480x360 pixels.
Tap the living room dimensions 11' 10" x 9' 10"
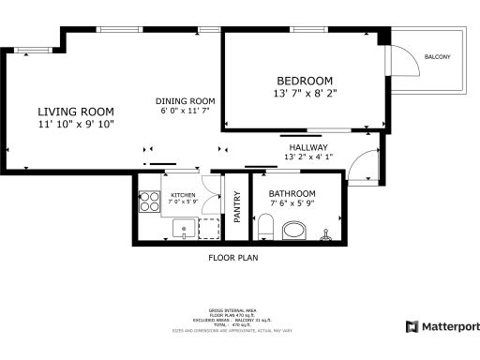(x=77, y=124)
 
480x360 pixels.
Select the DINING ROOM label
(x=186, y=101)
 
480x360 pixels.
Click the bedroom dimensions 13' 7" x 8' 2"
(x=305, y=94)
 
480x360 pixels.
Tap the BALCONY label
(x=437, y=58)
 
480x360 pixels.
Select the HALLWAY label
(x=308, y=147)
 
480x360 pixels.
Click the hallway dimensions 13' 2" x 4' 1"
(x=308, y=157)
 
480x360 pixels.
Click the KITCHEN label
(x=183, y=195)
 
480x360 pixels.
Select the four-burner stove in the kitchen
(x=149, y=201)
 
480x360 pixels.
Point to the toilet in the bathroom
(x=266, y=226)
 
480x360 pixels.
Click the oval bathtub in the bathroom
(x=296, y=230)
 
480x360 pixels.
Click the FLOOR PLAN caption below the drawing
(x=232, y=257)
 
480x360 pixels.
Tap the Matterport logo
(x=442, y=326)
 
